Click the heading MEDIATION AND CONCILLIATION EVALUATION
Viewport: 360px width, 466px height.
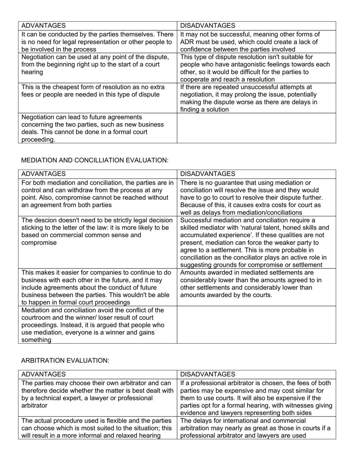point(95,160)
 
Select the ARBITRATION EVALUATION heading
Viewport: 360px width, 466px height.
point(65,361)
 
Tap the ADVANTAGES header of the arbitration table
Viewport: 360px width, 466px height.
point(43,374)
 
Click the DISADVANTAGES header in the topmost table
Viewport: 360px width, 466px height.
point(207,26)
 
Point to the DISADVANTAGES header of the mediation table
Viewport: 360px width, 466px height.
point(207,174)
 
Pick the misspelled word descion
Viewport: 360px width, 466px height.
point(45,220)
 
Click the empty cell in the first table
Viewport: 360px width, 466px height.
point(256,128)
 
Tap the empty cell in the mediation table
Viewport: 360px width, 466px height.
point(256,325)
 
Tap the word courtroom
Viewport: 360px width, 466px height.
point(36,318)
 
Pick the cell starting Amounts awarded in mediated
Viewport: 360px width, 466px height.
point(256,287)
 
